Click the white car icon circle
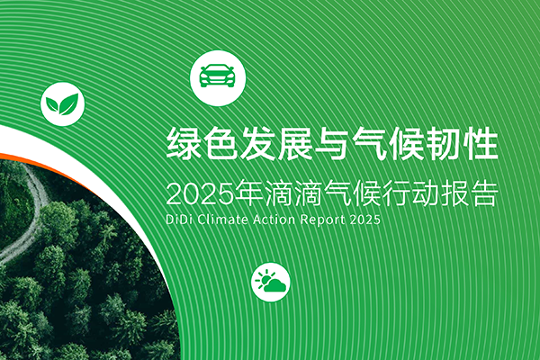(x=218, y=78)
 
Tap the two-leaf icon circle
(x=62, y=103)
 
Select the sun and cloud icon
(x=270, y=282)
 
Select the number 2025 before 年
(x=200, y=193)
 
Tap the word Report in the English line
(x=323, y=220)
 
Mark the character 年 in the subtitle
(x=249, y=193)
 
